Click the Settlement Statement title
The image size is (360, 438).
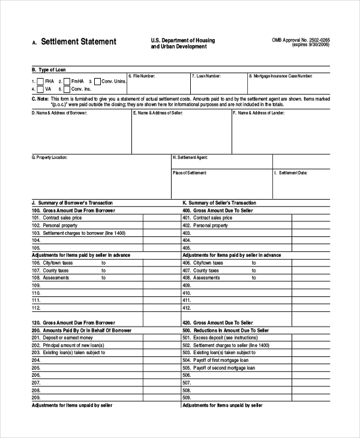coord(79,42)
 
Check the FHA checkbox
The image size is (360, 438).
coord(40,81)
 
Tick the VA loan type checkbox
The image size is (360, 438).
coord(40,89)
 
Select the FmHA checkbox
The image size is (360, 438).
coord(66,81)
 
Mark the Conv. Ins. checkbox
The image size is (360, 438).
coord(67,89)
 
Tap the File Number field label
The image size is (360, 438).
coord(142,76)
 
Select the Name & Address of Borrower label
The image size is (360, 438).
coord(55,112)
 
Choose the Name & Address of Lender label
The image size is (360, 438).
coord(259,112)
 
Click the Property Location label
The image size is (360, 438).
coord(49,157)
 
